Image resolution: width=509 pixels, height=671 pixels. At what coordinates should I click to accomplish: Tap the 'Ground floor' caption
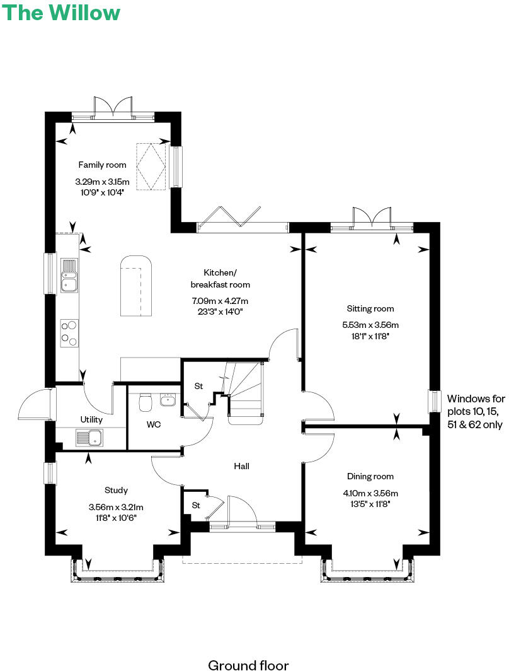pos(248,665)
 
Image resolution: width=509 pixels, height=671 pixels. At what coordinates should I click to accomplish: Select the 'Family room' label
pos(102,165)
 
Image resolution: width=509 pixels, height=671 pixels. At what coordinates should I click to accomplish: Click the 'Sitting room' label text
pos(370,308)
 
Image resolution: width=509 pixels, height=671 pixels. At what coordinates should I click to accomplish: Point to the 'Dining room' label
pos(370,477)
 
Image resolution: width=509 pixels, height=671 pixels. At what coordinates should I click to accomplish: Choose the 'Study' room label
pos(117,490)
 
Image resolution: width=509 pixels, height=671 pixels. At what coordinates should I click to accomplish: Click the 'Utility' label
pos(91,419)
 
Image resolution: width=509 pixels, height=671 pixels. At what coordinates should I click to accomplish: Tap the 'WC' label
pos(154,424)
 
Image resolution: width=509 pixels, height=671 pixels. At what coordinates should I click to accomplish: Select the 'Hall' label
pos(241,467)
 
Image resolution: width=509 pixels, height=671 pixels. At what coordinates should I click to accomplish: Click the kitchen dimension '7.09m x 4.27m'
pos(220,301)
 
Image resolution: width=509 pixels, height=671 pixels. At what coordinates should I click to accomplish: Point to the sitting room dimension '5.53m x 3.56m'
pos(370,325)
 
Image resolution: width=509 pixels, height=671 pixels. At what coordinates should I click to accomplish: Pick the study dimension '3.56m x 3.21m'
pos(117,507)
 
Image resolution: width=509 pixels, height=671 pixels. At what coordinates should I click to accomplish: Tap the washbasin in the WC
pos(168,400)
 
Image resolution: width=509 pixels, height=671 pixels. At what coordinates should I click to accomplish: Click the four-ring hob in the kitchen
pos(69,333)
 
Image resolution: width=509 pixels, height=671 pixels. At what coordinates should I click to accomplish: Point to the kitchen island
pos(135,287)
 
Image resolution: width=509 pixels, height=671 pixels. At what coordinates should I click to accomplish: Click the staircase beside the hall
pos(244,391)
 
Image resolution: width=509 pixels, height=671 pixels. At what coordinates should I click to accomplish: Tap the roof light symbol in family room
pos(151,165)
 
